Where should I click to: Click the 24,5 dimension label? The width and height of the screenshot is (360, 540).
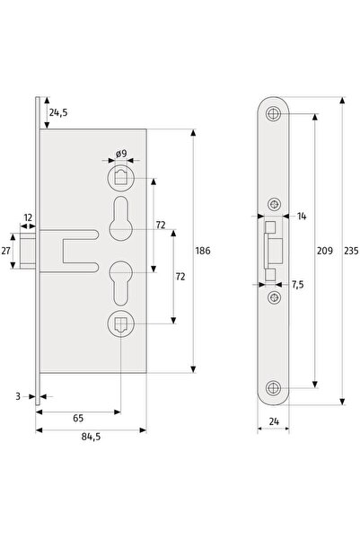pos(58,112)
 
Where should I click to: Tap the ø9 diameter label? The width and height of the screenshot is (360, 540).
pos(121,154)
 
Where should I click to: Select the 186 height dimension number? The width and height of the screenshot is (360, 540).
pos(203,251)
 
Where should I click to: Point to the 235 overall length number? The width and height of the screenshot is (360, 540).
pos(351,251)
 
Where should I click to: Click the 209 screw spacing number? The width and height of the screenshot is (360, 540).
pos(325,251)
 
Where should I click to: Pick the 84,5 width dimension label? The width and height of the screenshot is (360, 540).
pos(91,437)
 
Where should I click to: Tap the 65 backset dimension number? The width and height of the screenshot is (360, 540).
pos(78,418)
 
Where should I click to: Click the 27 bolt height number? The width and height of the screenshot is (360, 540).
pos(5,251)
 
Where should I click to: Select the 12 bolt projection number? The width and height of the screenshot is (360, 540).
pos(28,217)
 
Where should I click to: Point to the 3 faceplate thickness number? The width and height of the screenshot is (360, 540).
pos(18,396)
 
